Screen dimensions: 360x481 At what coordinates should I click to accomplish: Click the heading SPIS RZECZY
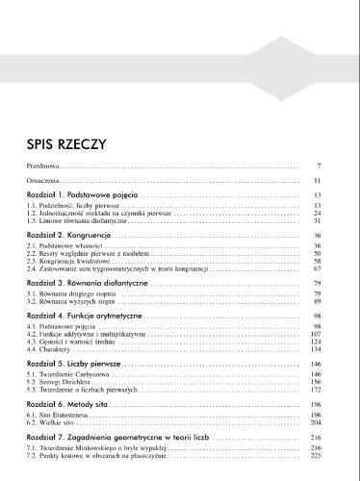coord(66,146)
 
